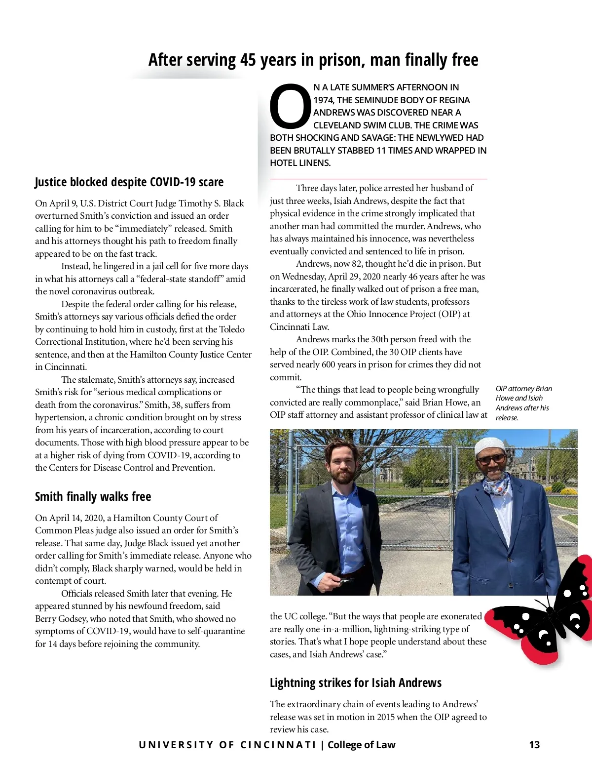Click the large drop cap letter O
coord(290,107)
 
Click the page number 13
coord(534,745)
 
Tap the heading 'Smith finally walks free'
coord(93,496)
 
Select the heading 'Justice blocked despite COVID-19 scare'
coord(129,182)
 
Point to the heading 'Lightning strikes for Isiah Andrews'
coord(355,683)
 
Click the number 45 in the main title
coord(248,60)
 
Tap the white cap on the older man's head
coord(489,446)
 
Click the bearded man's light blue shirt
coord(345,524)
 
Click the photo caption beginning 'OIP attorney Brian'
coord(523,403)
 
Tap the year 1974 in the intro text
coord(323,100)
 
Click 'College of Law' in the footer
coord(361,745)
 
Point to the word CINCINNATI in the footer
coord(278,745)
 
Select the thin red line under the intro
coord(378,179)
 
